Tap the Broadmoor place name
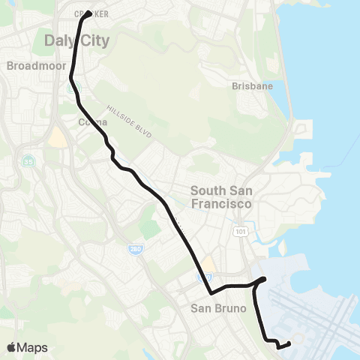[x=32, y=65]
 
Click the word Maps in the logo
[x=33, y=347]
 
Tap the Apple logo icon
[x=12, y=346]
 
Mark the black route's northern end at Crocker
[x=88, y=13]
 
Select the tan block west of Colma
[x=56, y=137]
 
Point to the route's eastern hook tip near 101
[x=265, y=280]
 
